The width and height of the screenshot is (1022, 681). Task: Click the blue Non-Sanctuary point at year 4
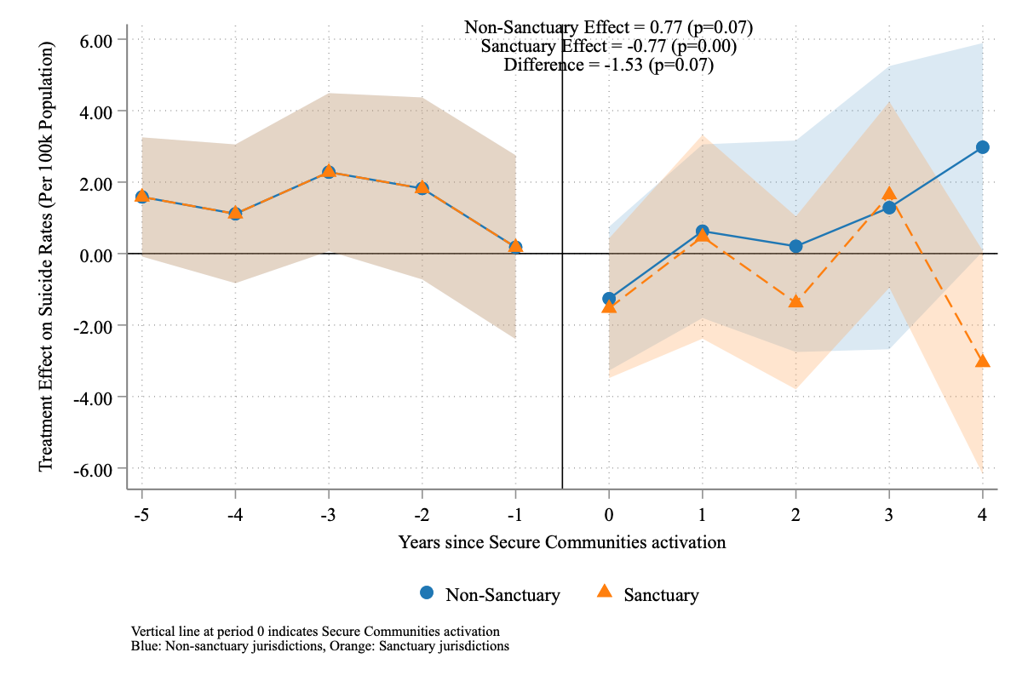point(982,147)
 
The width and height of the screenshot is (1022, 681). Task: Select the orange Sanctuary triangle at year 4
point(982,361)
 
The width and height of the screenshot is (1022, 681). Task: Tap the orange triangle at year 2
point(795,301)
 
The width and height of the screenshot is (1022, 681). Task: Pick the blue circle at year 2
point(795,246)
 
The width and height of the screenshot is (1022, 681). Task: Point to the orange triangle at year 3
point(889,194)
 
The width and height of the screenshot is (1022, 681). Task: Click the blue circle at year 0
point(609,299)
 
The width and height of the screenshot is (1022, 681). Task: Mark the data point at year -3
point(329,172)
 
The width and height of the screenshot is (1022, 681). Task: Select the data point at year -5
point(141,197)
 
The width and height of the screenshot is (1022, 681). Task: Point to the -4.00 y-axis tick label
point(96,398)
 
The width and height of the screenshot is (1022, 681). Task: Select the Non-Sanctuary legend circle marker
point(427,592)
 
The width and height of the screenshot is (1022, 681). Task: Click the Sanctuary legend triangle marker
point(605,592)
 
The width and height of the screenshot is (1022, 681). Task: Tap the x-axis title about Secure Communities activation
point(562,542)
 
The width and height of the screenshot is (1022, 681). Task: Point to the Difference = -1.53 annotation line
point(608,65)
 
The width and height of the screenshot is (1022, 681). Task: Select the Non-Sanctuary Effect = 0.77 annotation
point(608,27)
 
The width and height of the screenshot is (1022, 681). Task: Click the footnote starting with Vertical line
point(315,631)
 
